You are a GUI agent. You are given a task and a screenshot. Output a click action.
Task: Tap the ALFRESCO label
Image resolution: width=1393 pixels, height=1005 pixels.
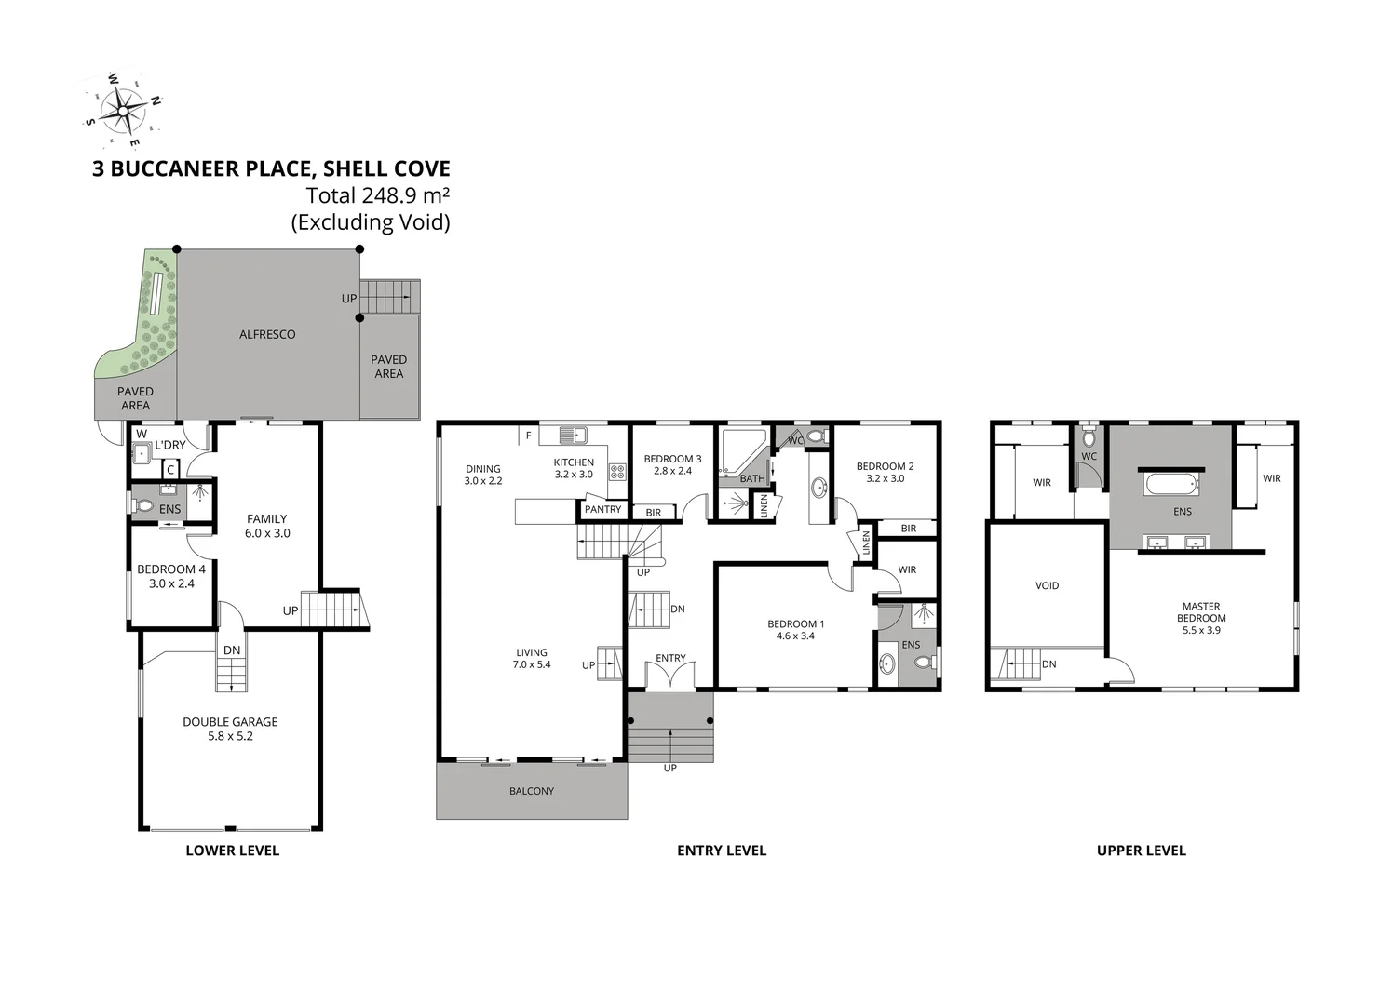(267, 334)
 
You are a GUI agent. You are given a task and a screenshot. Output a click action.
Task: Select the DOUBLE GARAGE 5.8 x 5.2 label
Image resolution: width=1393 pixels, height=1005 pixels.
(230, 729)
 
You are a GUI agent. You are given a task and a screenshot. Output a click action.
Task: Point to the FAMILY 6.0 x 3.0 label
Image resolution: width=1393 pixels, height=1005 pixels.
(267, 526)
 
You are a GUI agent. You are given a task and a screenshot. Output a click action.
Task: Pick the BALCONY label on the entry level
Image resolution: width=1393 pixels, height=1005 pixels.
(532, 791)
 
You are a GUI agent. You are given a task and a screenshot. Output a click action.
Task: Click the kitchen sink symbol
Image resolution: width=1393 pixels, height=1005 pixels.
(573, 434)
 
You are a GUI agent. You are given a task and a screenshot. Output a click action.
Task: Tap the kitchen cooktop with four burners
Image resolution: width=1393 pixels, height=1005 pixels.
(617, 471)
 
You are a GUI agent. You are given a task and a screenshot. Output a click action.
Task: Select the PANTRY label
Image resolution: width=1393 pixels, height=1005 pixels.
(602, 509)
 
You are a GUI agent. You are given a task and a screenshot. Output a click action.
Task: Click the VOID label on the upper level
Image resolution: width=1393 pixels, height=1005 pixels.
(1047, 585)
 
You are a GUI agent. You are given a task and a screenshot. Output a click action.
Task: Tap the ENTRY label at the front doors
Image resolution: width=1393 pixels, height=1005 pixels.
(670, 658)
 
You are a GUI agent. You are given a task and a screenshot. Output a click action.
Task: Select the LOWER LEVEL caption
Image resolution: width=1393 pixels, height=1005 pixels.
(232, 850)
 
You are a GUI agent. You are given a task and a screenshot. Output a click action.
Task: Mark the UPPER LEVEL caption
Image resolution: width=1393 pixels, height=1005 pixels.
(1141, 850)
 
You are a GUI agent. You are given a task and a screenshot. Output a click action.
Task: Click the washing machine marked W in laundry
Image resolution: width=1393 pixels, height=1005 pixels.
(142, 453)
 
